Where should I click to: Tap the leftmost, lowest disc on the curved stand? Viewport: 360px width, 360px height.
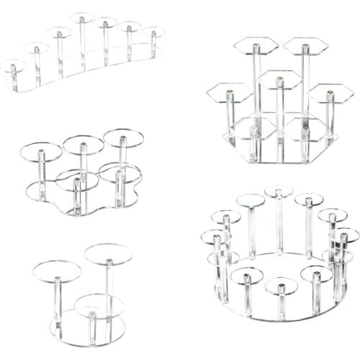tap(12, 66)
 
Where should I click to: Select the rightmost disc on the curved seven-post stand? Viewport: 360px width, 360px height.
tap(153, 32)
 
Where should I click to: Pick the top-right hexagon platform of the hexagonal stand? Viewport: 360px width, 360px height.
tap(305, 46)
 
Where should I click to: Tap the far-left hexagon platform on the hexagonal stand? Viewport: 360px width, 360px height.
tap(229, 92)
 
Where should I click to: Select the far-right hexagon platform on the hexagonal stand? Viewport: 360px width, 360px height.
tap(330, 93)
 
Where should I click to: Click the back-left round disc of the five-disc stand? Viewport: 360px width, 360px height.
tap(41, 151)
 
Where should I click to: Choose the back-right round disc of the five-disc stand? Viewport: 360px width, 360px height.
tap(122, 137)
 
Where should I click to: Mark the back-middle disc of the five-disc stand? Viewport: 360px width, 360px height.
tap(83, 145)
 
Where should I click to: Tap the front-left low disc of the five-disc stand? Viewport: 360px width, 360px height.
tap(76, 180)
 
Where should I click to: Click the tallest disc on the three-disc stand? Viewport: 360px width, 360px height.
tap(108, 253)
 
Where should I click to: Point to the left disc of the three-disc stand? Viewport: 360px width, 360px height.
tap(57, 271)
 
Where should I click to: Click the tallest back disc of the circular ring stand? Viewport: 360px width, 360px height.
tap(279, 192)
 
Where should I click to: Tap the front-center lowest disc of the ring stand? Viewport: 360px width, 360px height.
tap(281, 286)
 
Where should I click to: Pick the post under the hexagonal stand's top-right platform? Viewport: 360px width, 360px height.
tap(305, 86)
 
